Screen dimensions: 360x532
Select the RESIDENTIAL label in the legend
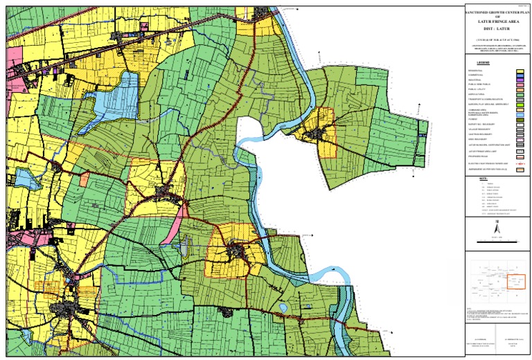(476, 71)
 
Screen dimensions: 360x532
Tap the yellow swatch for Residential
(519, 71)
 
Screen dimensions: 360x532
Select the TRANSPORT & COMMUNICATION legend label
(484, 100)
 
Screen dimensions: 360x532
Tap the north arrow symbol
(496, 228)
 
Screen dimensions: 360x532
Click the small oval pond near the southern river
(283, 307)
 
